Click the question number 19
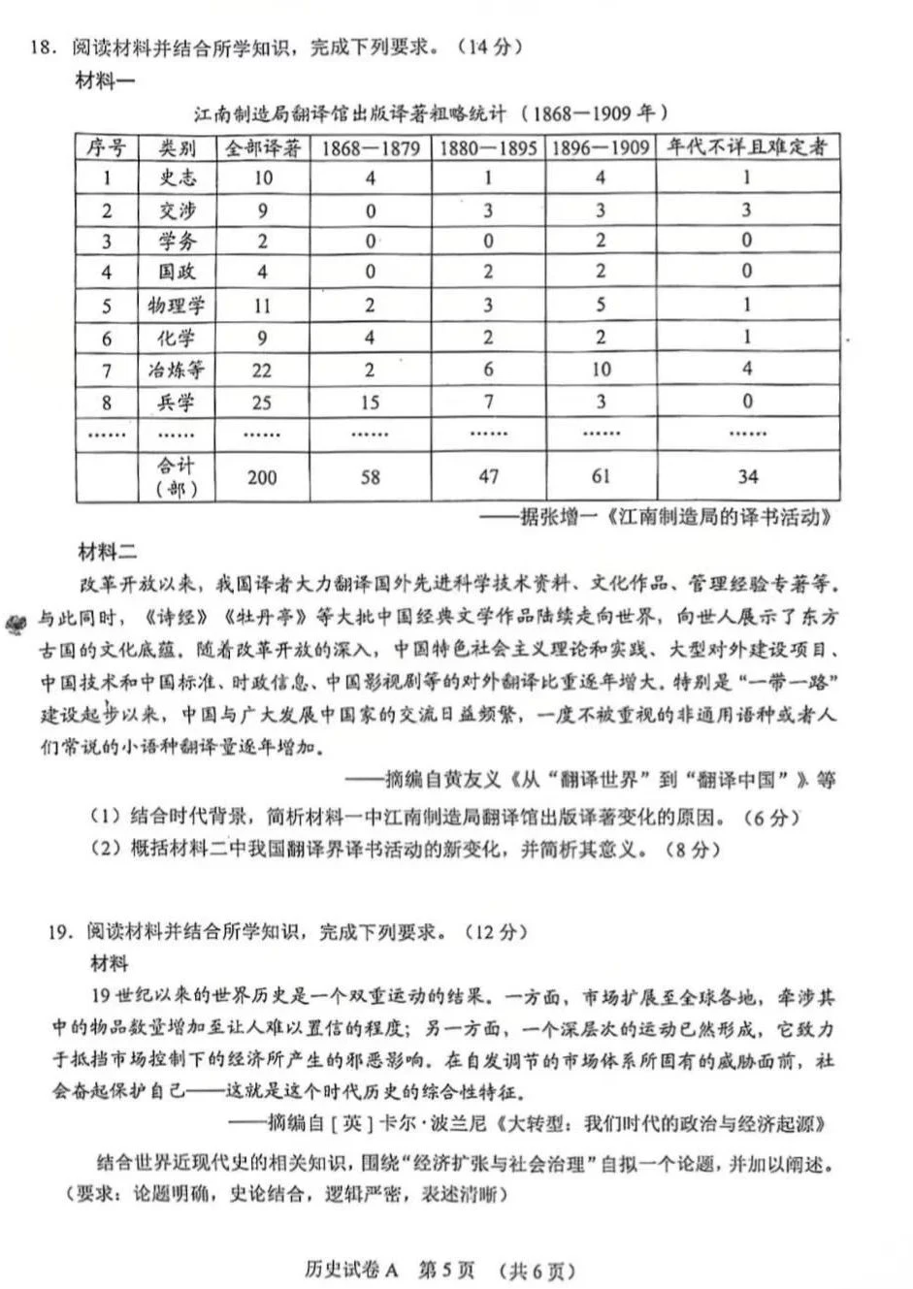click(x=59, y=932)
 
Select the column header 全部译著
click(x=262, y=147)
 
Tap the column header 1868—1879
click(x=370, y=147)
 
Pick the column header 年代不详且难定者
click(x=746, y=147)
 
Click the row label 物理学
click(x=177, y=306)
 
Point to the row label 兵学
click(x=177, y=402)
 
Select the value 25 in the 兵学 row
click(x=262, y=402)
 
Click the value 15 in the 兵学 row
click(x=370, y=402)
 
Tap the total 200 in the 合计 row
click(x=262, y=476)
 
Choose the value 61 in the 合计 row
click(x=601, y=476)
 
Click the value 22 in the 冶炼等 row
click(x=262, y=370)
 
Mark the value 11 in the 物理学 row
click(x=262, y=306)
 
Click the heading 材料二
click(x=107, y=553)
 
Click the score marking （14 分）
click(x=488, y=47)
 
